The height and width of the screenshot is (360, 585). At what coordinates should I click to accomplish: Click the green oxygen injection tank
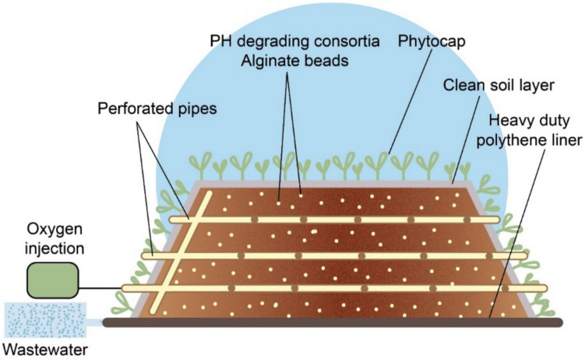[53, 280]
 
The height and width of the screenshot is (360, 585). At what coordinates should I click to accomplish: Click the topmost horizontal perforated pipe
[327, 221]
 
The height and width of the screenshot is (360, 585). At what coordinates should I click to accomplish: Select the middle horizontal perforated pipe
[327, 255]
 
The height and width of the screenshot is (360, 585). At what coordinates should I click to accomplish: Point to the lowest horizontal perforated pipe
[327, 288]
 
